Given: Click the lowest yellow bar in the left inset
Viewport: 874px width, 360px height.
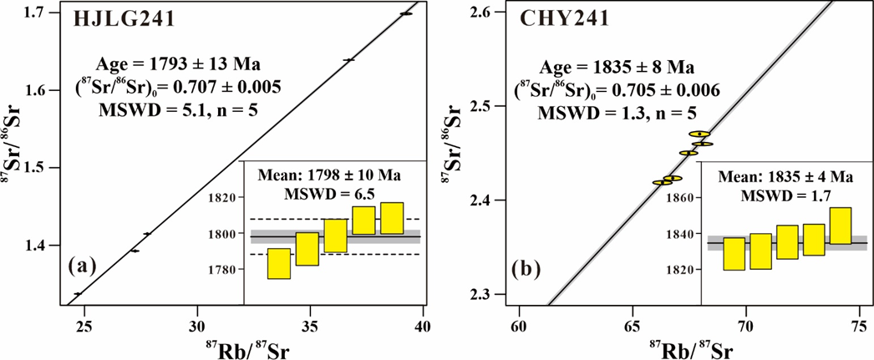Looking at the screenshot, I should coord(279,264).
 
